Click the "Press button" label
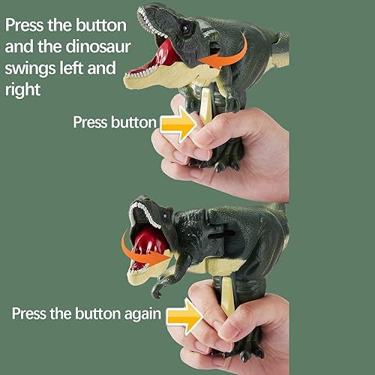[115, 122]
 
